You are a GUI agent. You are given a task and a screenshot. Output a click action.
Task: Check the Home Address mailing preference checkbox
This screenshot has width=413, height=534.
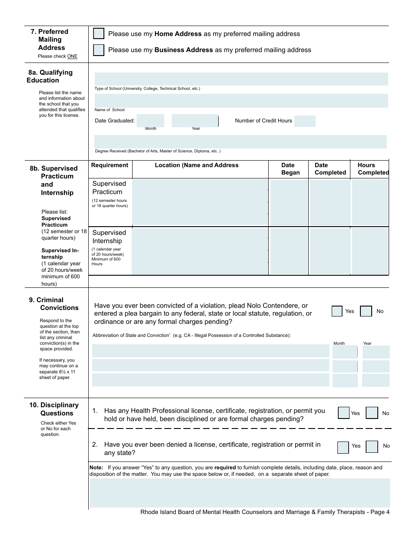point(99,34)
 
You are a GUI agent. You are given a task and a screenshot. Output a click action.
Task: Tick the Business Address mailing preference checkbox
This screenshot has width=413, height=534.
point(99,50)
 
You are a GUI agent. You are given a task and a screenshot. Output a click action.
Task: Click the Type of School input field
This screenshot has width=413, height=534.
point(241,79)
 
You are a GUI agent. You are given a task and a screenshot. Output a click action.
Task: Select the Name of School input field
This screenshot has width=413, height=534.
point(241,100)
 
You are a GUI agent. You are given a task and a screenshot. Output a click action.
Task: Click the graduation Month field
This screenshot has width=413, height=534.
point(150,121)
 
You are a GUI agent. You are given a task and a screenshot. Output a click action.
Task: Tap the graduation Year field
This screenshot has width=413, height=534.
point(195,121)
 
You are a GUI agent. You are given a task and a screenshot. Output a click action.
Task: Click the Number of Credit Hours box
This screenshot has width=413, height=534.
point(305,121)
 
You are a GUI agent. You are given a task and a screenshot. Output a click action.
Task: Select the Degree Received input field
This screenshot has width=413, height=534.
point(240,142)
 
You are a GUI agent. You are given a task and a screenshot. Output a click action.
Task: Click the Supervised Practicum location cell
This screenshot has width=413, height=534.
point(200,202)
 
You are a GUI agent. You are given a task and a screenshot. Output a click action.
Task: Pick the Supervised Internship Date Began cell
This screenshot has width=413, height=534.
point(288,251)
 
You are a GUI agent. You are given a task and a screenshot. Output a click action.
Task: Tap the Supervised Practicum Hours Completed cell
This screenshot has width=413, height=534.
point(370,202)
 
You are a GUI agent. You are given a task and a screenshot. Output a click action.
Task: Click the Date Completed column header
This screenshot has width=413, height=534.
point(330,169)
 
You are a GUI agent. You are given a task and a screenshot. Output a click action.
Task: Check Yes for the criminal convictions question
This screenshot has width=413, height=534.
point(337,311)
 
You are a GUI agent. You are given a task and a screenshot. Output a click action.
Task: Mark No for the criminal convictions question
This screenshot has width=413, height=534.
point(366,311)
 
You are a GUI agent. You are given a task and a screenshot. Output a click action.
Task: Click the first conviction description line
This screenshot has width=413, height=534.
point(210,351)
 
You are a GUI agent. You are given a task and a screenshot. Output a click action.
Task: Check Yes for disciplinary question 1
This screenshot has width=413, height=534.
point(343,413)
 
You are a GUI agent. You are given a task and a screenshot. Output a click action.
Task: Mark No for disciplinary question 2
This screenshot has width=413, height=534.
point(372,447)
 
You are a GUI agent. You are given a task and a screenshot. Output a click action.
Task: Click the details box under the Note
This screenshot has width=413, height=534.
point(240,493)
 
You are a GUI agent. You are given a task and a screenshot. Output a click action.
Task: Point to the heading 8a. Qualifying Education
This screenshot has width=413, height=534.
point(50,76)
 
